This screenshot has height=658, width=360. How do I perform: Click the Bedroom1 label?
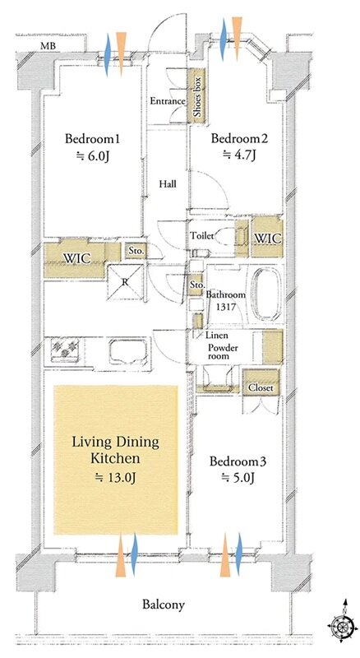(x=92, y=138)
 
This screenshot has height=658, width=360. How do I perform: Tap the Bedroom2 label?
(x=239, y=138)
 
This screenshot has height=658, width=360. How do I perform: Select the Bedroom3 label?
(x=238, y=461)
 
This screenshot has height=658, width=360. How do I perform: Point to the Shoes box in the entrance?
(x=196, y=96)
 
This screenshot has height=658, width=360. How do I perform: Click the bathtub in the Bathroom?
(x=267, y=294)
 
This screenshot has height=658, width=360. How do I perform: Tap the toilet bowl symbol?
(x=224, y=237)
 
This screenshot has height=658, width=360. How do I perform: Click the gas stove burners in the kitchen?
(x=65, y=349)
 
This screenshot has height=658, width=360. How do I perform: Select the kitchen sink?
(x=128, y=351)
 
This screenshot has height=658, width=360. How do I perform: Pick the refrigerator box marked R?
(x=125, y=283)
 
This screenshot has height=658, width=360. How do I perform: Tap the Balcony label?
(x=164, y=605)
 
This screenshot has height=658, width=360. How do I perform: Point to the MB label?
(x=48, y=46)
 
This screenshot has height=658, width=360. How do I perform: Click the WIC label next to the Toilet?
(x=267, y=239)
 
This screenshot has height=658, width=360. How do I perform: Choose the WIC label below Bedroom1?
(x=77, y=257)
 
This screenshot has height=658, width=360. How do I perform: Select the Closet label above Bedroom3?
(x=261, y=387)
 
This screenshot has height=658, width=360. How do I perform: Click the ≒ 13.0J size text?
(x=116, y=478)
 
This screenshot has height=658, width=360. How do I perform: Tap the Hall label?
(x=168, y=183)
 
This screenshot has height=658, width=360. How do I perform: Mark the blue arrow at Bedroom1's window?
(x=108, y=55)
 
